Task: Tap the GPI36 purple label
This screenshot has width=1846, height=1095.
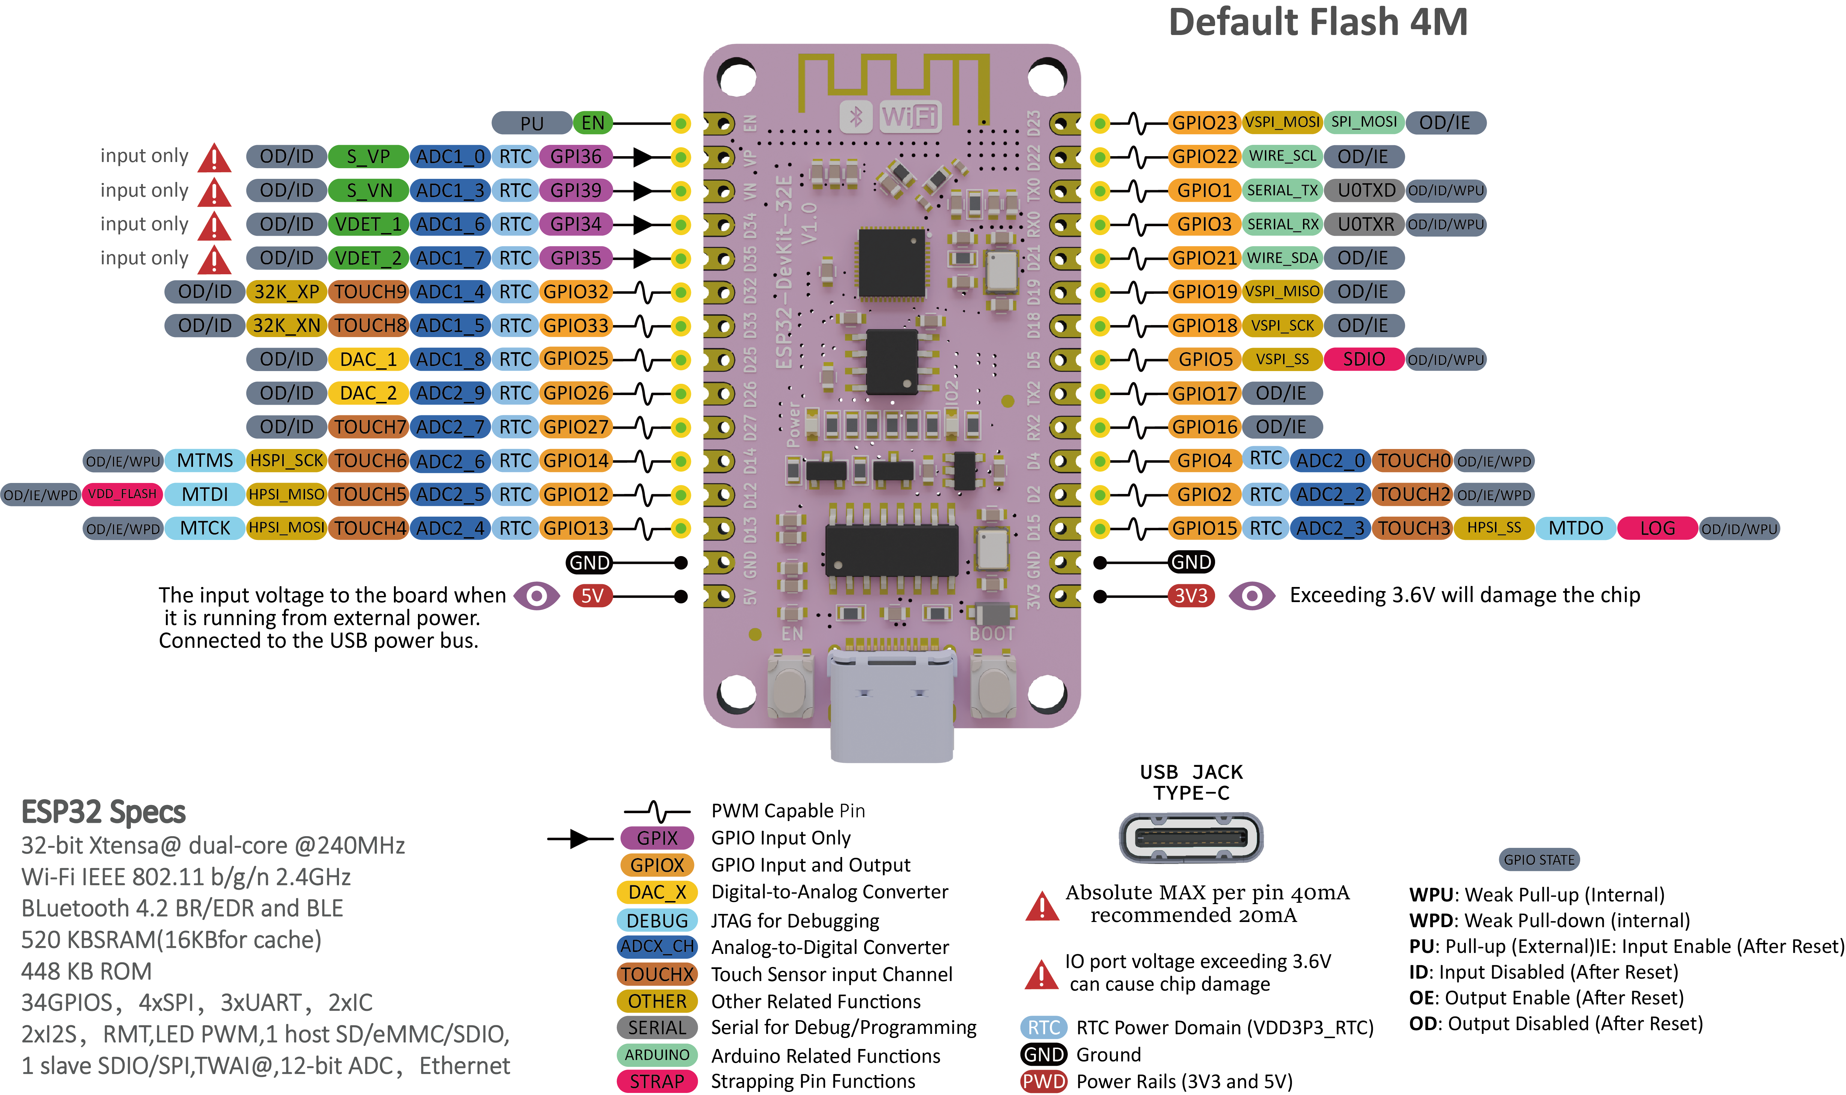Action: point(576,157)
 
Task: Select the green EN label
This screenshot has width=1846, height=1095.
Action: point(593,123)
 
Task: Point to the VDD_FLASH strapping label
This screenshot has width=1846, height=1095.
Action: point(123,494)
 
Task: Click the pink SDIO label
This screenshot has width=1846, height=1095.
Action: point(1363,359)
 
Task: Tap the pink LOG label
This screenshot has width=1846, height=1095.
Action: point(1657,528)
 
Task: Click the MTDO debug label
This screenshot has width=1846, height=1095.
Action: point(1575,528)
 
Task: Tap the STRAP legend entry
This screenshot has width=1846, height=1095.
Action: point(657,1082)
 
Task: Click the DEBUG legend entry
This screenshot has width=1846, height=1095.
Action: point(657,920)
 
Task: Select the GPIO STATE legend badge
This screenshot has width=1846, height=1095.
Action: point(1539,860)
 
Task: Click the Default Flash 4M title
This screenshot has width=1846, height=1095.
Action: point(1318,22)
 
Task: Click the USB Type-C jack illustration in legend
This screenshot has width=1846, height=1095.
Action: point(1191,838)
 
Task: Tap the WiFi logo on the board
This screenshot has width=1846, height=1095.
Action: point(910,117)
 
